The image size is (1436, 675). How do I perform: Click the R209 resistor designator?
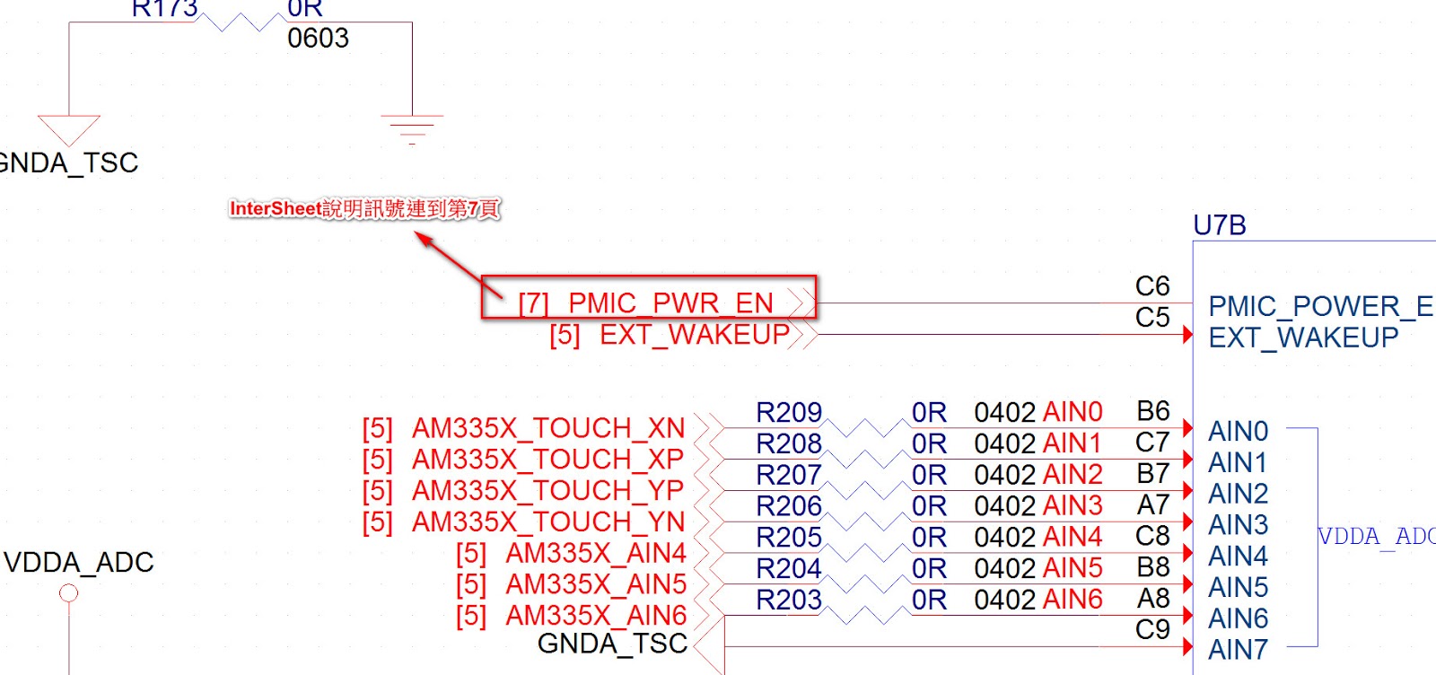tap(788, 412)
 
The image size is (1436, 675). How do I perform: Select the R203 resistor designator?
tap(788, 600)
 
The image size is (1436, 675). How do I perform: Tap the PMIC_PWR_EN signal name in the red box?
tap(670, 303)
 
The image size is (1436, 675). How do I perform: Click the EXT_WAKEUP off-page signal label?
tap(694, 335)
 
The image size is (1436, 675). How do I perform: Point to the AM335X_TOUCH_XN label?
tap(547, 428)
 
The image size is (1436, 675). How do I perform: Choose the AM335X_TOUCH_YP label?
tap(547, 491)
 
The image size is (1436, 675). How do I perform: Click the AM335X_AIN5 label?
tap(596, 584)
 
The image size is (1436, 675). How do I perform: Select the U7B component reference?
tap(1219, 225)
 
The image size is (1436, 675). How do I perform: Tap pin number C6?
tap(1151, 286)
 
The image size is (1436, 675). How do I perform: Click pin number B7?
tap(1152, 474)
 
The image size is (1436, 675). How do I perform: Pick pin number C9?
tap(1152, 630)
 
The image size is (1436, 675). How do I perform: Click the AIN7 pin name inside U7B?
tap(1238, 650)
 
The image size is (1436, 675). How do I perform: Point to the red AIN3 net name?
tap(1073, 506)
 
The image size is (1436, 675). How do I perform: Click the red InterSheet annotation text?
tap(364, 209)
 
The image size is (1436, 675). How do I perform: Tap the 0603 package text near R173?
tap(318, 39)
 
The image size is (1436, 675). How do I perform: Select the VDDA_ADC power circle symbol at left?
tap(68, 593)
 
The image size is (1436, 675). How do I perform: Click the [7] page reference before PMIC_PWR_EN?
tap(533, 303)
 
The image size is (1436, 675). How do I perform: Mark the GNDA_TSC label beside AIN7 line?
tap(612, 644)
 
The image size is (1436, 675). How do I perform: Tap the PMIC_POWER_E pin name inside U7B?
tap(1319, 307)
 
